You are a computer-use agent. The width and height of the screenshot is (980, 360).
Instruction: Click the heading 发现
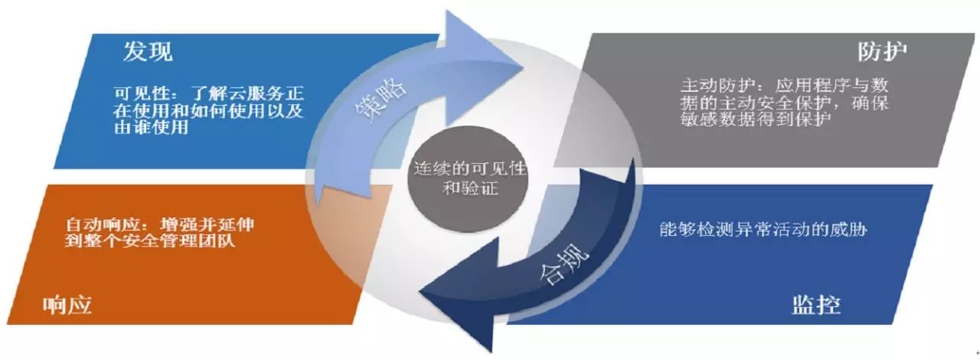[149, 52]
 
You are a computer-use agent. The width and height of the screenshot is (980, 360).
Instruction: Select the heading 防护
[883, 52]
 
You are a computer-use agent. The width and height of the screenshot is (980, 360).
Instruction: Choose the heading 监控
[815, 306]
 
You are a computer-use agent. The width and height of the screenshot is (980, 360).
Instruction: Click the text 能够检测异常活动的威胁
[763, 229]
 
